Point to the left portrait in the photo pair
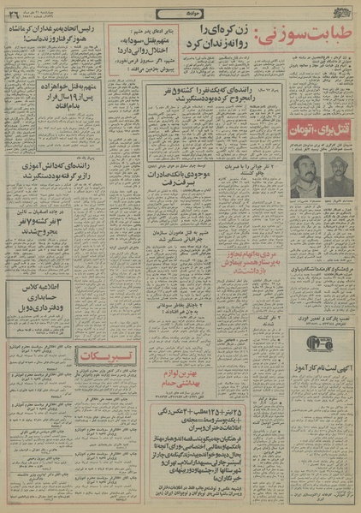(303, 177)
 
